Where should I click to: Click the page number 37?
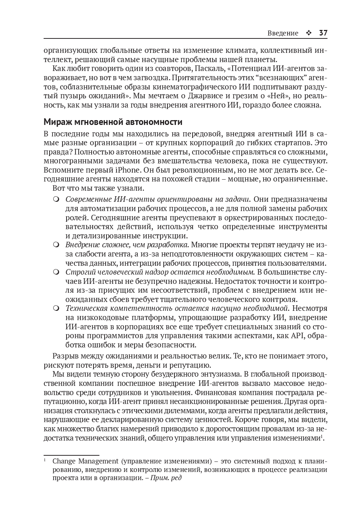point(323,33)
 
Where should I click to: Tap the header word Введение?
point(283,33)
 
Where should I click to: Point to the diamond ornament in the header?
point(309,33)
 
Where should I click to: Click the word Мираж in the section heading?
point(57,122)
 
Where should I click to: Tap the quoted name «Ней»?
point(272,96)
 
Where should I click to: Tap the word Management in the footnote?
point(98,461)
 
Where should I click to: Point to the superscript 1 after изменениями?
point(322,436)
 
